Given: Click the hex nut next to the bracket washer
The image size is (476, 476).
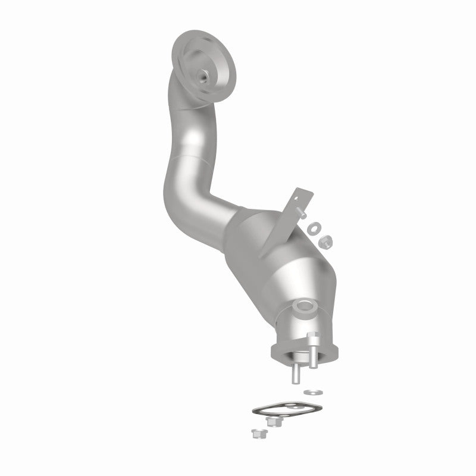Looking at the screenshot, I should [325, 240].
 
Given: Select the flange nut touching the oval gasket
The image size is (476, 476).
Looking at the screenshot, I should [274, 421].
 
